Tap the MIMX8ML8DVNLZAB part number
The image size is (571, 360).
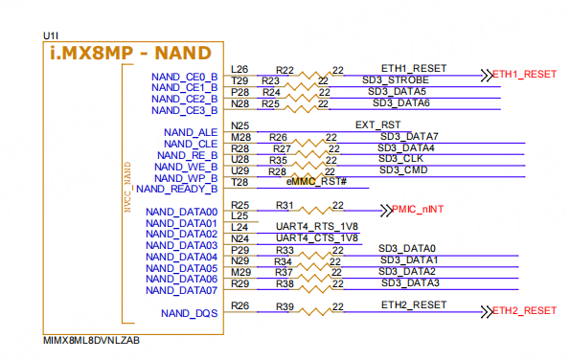(91, 339)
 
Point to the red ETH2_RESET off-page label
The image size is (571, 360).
(523, 310)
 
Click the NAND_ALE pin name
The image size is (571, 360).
(191, 132)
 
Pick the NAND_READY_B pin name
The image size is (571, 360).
(181, 189)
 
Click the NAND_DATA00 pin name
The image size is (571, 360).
(182, 212)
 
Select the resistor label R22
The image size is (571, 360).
(285, 70)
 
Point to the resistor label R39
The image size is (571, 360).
(285, 306)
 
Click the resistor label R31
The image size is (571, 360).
(285, 206)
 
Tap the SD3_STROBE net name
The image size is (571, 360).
(396, 80)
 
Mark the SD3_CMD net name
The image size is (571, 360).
(401, 170)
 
